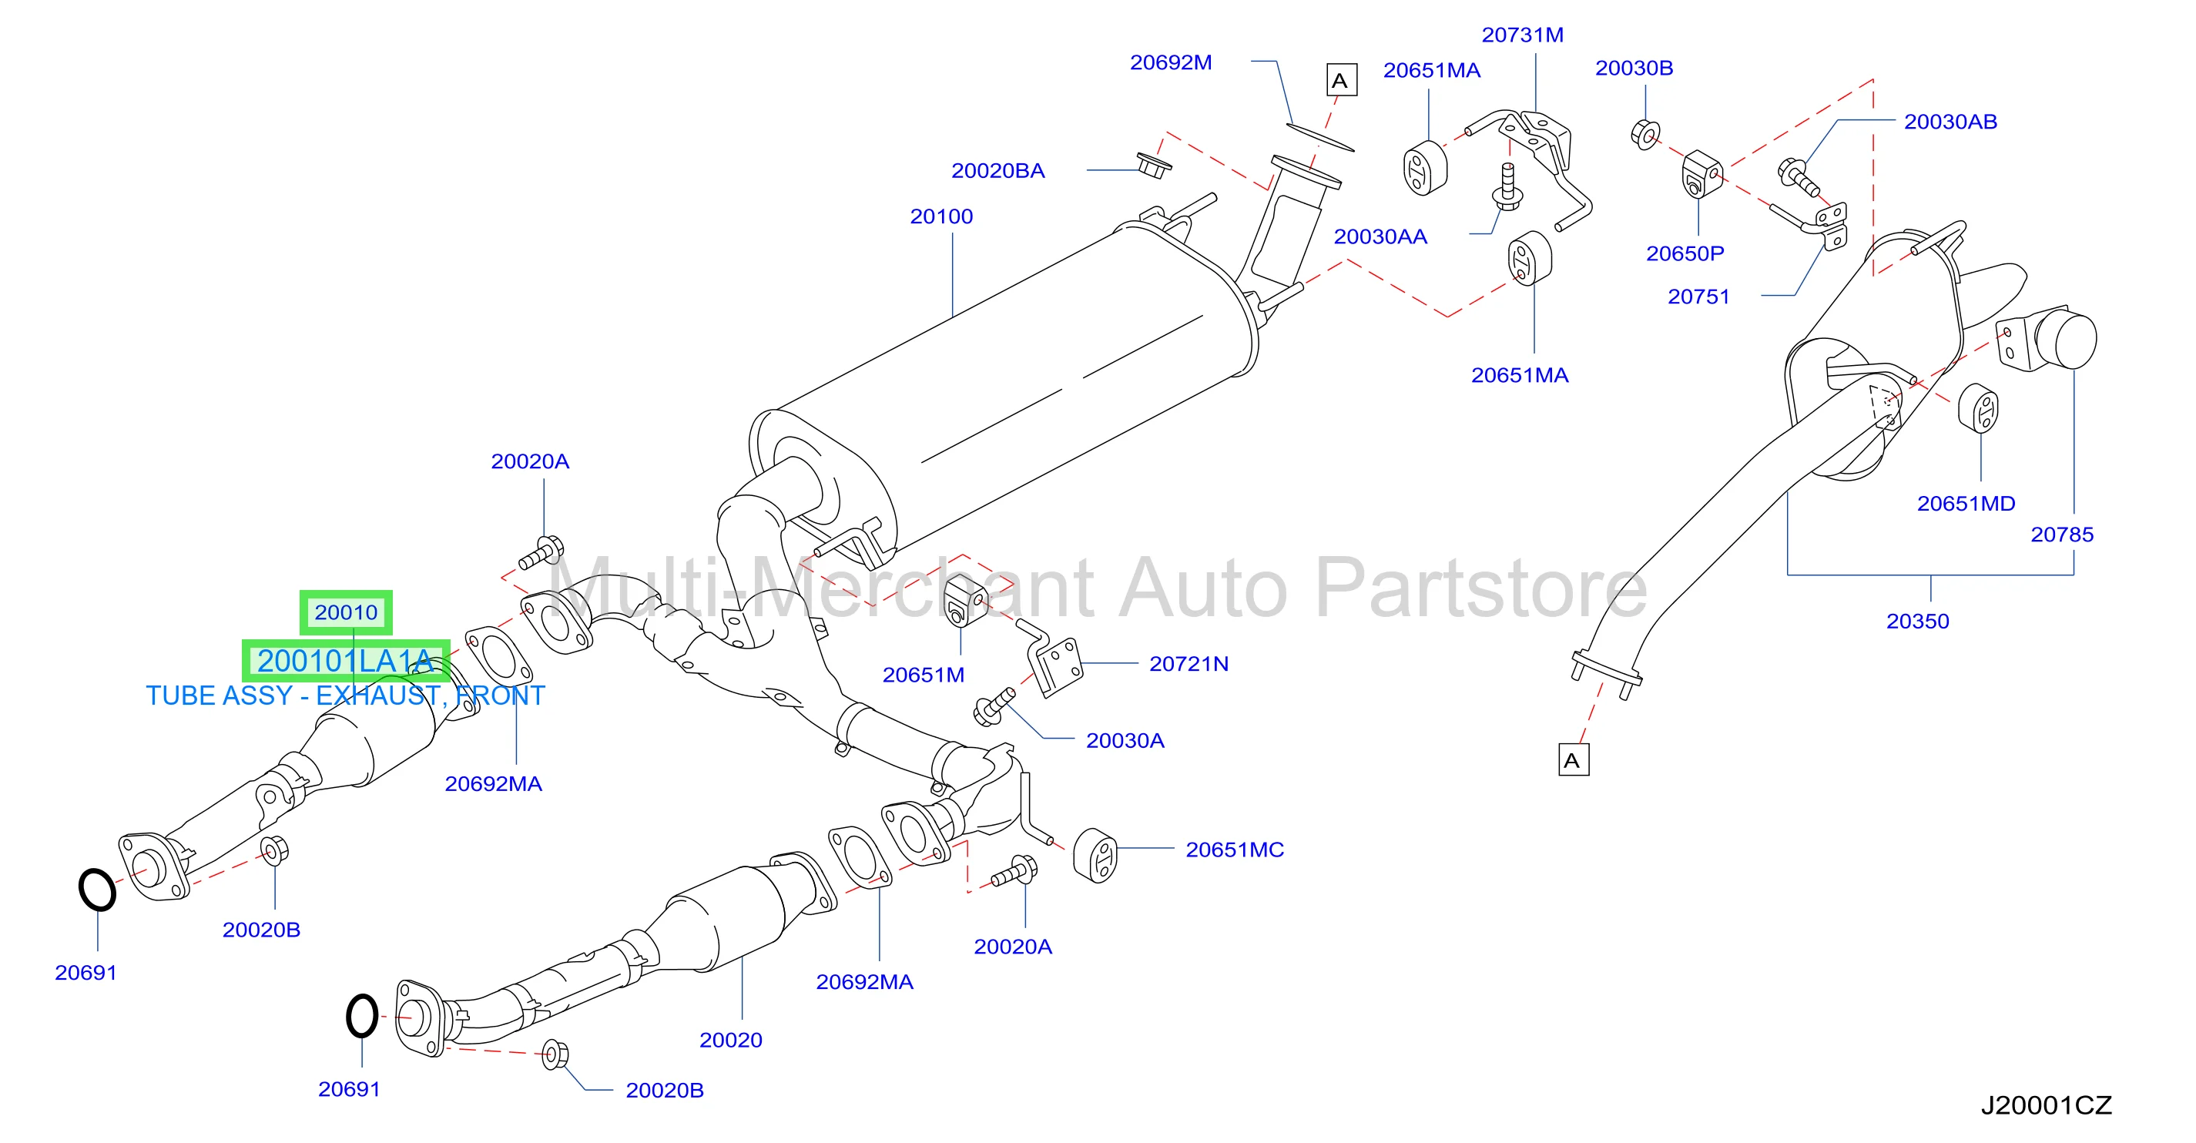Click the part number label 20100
pos(941,216)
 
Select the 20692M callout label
pos(1171,62)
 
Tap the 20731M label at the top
pos(1523,35)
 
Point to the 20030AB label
pos(1950,122)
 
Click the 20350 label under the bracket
pos(1917,622)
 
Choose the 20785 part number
pos(2061,535)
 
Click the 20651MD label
pos(1966,504)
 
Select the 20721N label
pos(1189,664)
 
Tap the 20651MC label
pos(1235,850)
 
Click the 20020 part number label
pos(730,1040)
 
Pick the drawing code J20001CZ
pos(2046,1105)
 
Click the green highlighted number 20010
pos(346,613)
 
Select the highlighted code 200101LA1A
pos(346,661)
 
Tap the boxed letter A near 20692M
pos(1341,80)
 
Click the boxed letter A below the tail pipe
pos(1573,760)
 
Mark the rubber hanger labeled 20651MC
pos(1095,855)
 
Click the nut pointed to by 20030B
pos(1645,135)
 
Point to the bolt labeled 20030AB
pos(1797,176)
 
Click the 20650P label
pos(1685,254)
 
